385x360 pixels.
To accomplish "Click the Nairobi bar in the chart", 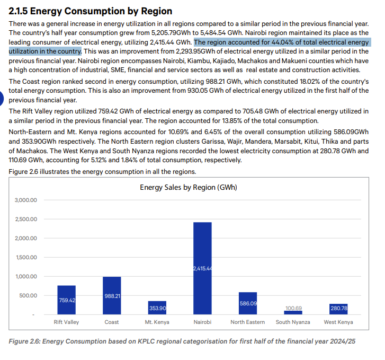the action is tap(202, 268).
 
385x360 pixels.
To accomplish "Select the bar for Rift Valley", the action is tap(67, 300).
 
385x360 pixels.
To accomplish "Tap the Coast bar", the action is tap(112, 295).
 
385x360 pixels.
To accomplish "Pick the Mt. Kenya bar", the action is tap(157, 308).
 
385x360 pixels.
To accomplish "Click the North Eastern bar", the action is tap(248, 303).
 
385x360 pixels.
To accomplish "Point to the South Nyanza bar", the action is tap(293, 312).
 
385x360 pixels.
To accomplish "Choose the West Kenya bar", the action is tap(338, 309).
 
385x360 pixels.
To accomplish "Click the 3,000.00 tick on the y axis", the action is tap(26, 200).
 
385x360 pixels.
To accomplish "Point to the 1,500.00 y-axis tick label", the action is tap(26, 258).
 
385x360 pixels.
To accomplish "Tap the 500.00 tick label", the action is tap(28, 295).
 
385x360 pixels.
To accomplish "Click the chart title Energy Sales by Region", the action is tap(189, 187).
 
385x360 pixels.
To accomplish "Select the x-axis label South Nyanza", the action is tap(293, 322).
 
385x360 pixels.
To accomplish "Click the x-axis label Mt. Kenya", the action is tap(157, 322).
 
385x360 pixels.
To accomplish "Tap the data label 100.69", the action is tap(294, 308).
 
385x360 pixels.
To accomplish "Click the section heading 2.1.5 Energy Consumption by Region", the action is tap(91, 11).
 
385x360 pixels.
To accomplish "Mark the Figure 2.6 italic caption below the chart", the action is tap(182, 341).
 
